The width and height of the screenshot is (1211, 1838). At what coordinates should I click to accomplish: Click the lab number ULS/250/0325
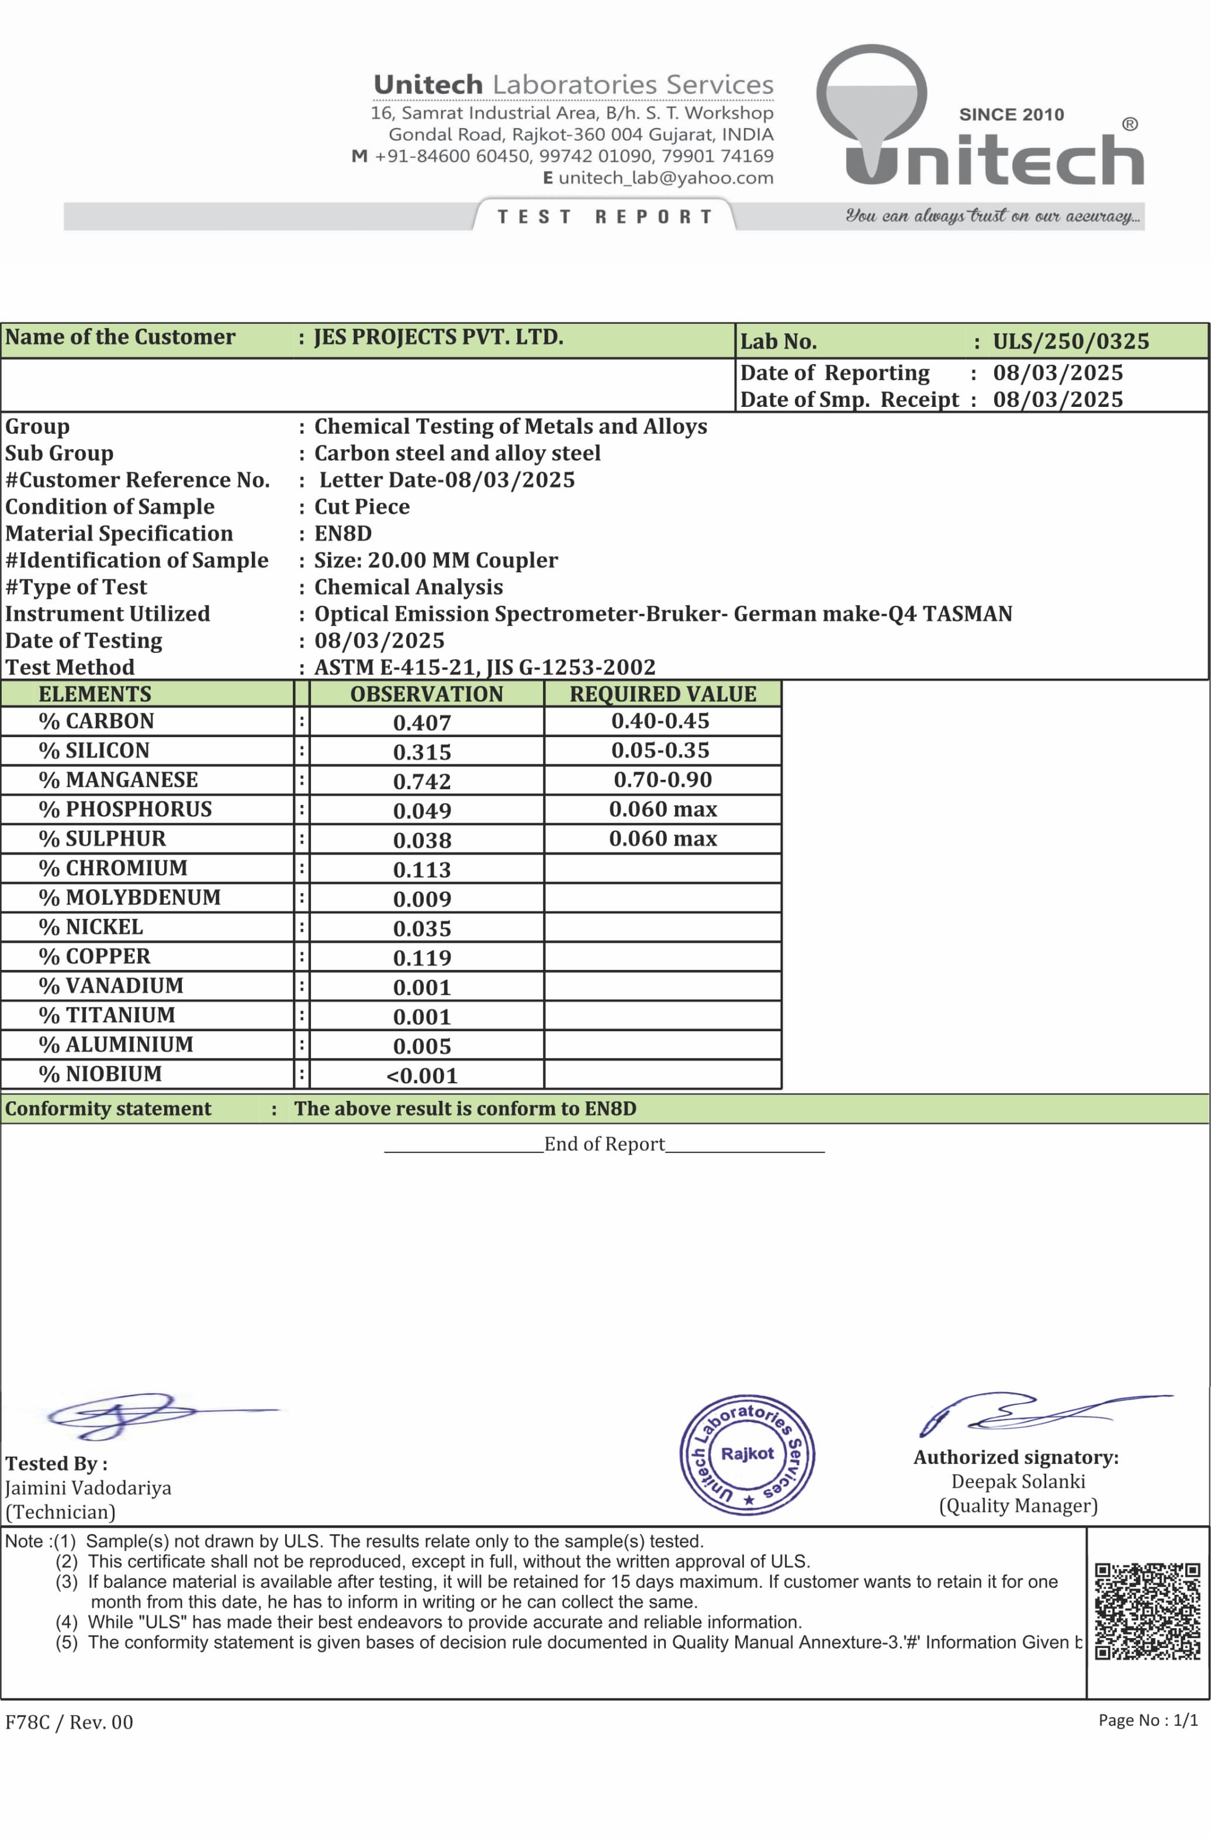[1071, 341]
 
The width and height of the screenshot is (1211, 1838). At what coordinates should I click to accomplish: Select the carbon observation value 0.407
[422, 723]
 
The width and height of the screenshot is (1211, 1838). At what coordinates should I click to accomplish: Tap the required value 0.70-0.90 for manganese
[663, 780]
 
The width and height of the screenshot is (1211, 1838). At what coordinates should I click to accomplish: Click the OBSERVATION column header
[426, 693]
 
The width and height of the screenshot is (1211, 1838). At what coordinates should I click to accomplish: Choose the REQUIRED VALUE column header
[663, 693]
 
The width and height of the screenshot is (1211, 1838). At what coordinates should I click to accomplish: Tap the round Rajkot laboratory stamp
[747, 1455]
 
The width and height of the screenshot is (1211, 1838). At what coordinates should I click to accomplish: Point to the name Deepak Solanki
[1018, 1481]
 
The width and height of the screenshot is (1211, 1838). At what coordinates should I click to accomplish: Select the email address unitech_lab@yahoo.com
[665, 178]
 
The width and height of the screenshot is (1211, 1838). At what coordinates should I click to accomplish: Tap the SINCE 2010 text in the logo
[1011, 115]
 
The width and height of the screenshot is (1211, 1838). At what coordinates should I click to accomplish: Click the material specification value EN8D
[343, 534]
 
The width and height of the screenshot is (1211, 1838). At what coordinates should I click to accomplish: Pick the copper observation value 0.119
[422, 958]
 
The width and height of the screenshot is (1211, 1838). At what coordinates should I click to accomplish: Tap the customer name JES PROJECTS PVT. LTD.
[438, 337]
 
